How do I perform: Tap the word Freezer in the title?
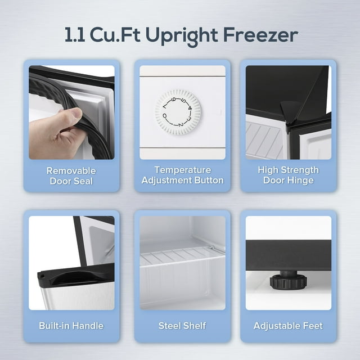[262, 35]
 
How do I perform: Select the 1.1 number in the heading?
[75, 35]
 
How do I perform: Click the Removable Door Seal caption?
[71, 175]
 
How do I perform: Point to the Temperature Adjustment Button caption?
[182, 175]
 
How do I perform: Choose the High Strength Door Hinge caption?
[288, 175]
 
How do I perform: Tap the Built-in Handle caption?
[71, 326]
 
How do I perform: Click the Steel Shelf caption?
[182, 326]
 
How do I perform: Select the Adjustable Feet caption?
[288, 326]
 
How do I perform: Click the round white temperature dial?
[178, 111]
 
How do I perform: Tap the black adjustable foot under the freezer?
[288, 280]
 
